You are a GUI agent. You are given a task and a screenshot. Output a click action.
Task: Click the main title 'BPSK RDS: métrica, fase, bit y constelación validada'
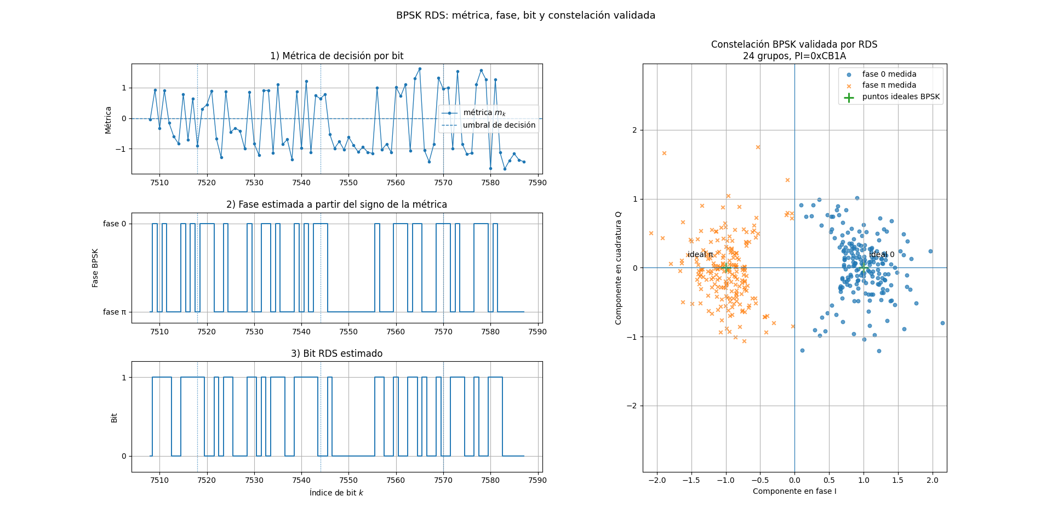click(x=525, y=15)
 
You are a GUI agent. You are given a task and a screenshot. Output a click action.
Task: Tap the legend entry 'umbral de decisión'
click(x=499, y=125)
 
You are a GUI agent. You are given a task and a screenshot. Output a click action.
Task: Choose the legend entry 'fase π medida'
click(x=889, y=85)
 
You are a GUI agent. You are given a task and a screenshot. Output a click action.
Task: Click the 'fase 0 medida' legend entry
click(x=889, y=74)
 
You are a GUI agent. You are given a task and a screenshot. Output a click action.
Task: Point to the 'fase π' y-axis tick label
click(x=115, y=312)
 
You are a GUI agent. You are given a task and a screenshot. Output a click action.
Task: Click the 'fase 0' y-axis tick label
click(x=115, y=224)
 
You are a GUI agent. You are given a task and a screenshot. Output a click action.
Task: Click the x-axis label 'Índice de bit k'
click(x=336, y=493)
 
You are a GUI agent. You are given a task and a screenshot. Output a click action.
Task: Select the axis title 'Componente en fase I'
click(x=794, y=491)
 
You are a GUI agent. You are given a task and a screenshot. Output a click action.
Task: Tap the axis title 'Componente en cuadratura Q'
click(x=619, y=268)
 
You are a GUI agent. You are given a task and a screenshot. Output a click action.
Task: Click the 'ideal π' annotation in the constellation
click(x=700, y=254)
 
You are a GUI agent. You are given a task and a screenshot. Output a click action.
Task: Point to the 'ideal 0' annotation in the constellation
click(x=882, y=254)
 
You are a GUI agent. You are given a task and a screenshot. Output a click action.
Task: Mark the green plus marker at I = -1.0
click(x=726, y=267)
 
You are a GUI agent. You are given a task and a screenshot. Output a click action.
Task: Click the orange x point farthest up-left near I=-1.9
click(x=664, y=153)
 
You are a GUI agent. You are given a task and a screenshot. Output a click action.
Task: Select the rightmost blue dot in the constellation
click(x=942, y=323)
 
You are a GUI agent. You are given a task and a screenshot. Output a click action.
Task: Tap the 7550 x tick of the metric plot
click(x=348, y=183)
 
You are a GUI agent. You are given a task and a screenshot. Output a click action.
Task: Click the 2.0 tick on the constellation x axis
click(x=932, y=480)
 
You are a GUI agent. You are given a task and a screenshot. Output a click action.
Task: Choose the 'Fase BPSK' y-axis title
click(x=95, y=268)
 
